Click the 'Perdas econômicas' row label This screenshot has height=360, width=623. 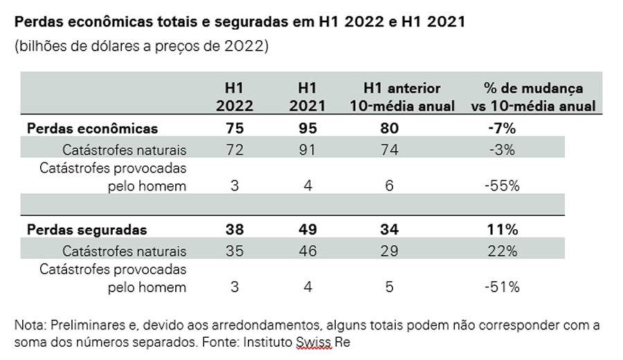[x=92, y=128]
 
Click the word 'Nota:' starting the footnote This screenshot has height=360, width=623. [x=29, y=325]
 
